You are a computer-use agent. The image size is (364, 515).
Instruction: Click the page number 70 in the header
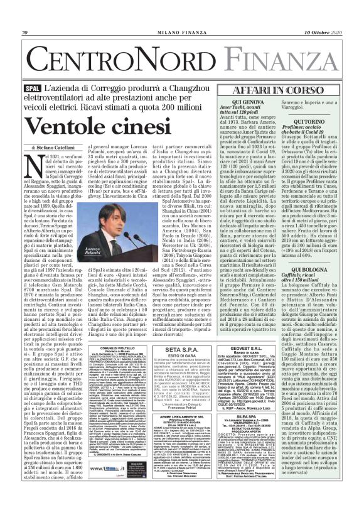[x=24, y=32]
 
